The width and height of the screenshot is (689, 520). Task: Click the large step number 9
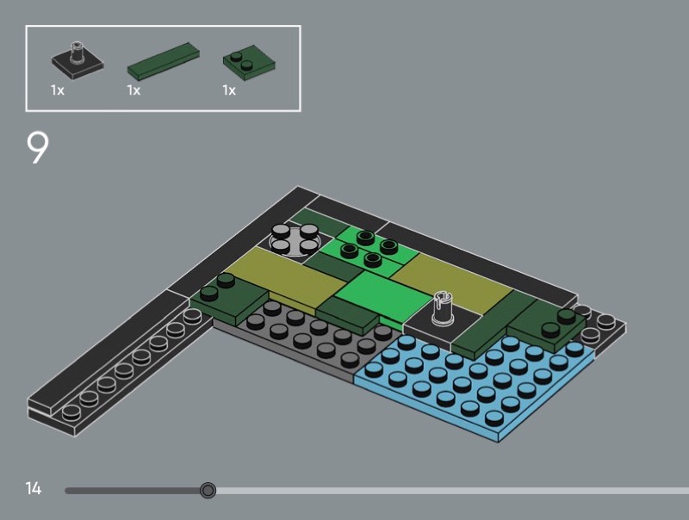click(x=38, y=148)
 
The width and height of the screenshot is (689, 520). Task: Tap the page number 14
click(x=34, y=488)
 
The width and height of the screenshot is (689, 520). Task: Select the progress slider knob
click(x=208, y=490)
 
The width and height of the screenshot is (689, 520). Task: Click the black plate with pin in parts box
click(x=78, y=60)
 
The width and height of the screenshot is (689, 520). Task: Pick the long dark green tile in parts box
click(x=164, y=61)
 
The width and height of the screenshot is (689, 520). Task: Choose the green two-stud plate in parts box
click(x=249, y=62)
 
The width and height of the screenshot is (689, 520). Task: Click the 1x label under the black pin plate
click(x=58, y=90)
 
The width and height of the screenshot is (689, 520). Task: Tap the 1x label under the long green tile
click(x=133, y=90)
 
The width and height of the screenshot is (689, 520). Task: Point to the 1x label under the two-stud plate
click(x=229, y=90)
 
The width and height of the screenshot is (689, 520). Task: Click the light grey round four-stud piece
click(x=295, y=239)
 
